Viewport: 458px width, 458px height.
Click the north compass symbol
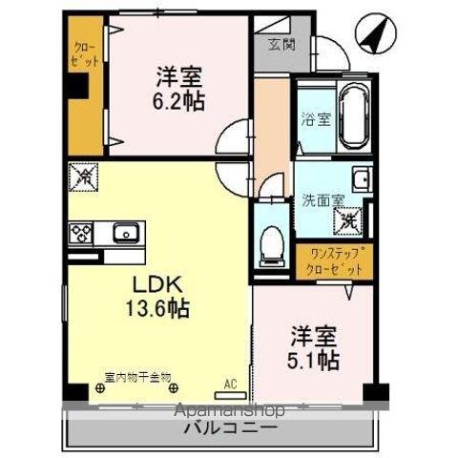(372, 35)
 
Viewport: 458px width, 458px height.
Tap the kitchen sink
(124, 233)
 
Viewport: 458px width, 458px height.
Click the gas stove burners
(80, 233)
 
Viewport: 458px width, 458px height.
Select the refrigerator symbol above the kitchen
(81, 177)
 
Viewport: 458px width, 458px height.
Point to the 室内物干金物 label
(137, 376)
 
